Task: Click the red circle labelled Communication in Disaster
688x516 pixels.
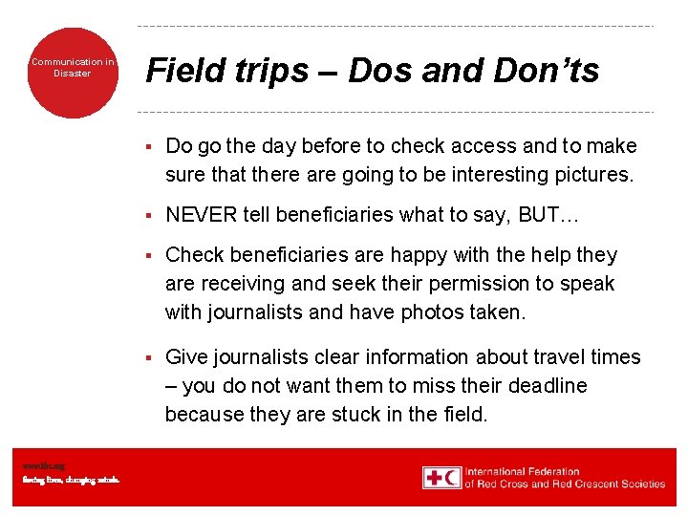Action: pyautogui.click(x=72, y=73)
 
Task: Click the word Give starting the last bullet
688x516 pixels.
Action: pyautogui.click(x=187, y=357)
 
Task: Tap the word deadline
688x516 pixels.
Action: pyautogui.click(x=547, y=386)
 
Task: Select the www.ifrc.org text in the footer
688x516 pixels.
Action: pyautogui.click(x=43, y=465)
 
